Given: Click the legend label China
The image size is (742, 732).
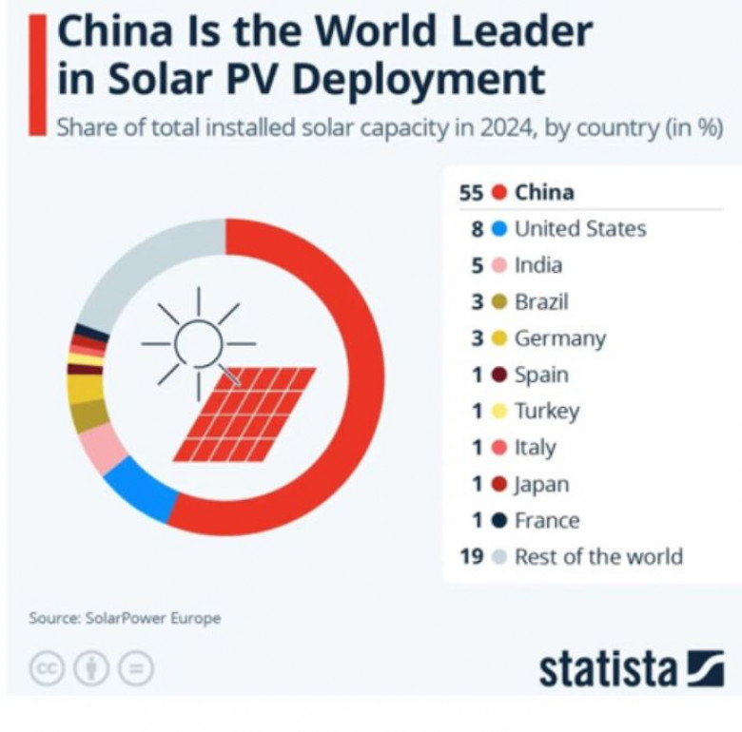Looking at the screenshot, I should click(x=544, y=192).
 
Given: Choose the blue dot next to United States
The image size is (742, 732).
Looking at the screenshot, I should click(x=499, y=229).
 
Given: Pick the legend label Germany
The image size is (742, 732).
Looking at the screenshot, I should click(x=559, y=338).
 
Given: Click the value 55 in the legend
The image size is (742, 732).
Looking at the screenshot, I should click(x=472, y=192).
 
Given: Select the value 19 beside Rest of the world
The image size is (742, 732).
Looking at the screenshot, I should click(x=472, y=557).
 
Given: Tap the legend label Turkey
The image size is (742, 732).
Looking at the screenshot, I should click(x=546, y=411).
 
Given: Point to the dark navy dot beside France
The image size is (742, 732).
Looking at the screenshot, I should click(x=499, y=521).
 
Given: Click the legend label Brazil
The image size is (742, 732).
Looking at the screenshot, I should click(x=541, y=302).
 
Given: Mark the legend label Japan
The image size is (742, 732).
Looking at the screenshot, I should click(x=541, y=484).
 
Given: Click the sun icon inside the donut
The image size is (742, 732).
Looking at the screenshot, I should click(x=199, y=343).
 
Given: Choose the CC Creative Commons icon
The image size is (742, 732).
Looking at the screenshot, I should click(x=47, y=668).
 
